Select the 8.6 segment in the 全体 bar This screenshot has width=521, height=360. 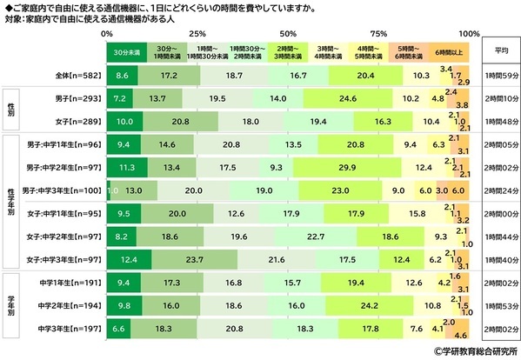pyautogui.click(x=122, y=77)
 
